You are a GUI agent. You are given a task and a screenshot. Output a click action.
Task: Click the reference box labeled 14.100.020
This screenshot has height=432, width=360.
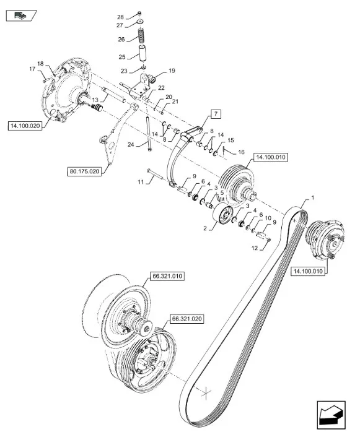click(25, 126)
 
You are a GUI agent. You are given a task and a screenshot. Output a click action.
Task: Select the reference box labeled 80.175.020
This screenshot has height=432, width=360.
click(84, 171)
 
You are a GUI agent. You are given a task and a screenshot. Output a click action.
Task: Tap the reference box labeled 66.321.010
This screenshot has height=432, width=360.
click(167, 276)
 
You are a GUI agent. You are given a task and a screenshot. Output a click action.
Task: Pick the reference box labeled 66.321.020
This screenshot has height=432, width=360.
click(187, 319)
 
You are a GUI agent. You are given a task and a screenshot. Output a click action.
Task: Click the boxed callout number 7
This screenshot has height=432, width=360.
click(216, 113)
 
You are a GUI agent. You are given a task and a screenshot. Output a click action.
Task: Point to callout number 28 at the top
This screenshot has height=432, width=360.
click(120, 17)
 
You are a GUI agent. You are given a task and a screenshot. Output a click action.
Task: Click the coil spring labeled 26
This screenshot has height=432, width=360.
click(141, 35)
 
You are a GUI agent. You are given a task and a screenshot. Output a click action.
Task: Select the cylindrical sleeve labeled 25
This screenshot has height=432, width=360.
click(142, 54)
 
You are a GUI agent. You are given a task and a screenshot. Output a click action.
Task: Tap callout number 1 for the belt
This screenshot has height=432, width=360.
click(312, 198)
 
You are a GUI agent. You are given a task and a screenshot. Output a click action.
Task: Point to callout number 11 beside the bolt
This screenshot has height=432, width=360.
click(141, 182)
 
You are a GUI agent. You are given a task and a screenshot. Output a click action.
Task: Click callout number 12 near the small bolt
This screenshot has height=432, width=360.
click(254, 248)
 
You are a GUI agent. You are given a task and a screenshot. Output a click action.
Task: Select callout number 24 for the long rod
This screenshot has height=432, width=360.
click(131, 144)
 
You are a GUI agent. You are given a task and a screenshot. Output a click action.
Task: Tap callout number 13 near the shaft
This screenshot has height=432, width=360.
click(95, 100)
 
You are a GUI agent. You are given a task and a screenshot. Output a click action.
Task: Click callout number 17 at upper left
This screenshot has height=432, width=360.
click(32, 69)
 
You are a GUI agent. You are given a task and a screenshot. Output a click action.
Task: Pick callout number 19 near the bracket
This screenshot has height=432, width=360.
click(172, 71)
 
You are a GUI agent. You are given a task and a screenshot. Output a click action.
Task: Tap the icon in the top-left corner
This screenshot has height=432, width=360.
click(21, 15)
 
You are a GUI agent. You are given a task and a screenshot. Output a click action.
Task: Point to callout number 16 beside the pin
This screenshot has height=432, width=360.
click(241, 152)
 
